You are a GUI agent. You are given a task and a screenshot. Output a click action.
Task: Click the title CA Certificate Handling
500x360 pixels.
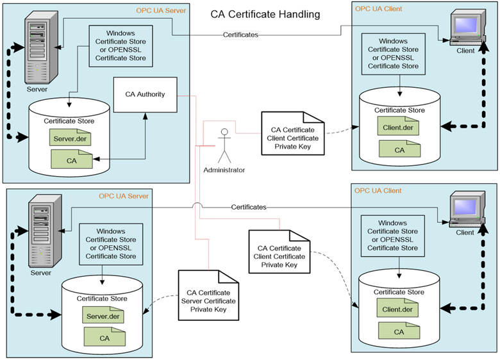265,14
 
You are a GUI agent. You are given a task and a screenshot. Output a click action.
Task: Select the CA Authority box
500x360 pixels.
146,94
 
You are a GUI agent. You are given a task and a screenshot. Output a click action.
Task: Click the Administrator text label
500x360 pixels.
224,170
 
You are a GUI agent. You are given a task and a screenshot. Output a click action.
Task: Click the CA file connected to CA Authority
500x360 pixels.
72,160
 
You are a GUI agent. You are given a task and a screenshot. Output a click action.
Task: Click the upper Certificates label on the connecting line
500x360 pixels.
240,35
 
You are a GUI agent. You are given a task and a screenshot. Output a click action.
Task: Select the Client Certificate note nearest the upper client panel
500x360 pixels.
294,132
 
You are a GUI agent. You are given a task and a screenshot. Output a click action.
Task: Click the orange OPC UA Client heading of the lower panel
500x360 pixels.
378,191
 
